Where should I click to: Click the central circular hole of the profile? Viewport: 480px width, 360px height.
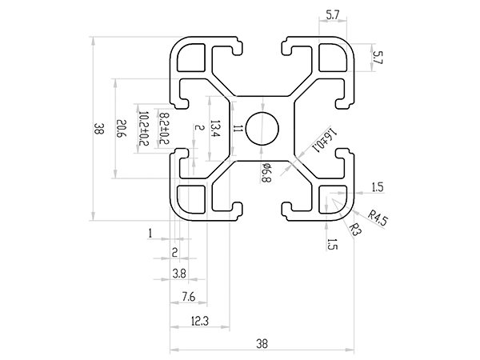pyautogui.click(x=262, y=129)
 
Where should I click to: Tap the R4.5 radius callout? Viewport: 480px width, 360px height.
pyautogui.click(x=378, y=218)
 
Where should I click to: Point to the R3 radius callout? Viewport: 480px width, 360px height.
pyautogui.click(x=357, y=229)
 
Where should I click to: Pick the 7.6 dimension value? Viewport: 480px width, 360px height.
pyautogui.click(x=189, y=297)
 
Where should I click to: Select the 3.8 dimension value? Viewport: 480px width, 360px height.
pyautogui.click(x=180, y=274)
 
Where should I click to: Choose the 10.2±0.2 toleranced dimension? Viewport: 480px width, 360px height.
pyautogui.click(x=145, y=128)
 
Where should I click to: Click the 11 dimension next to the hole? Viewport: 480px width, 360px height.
pyautogui.click(x=238, y=128)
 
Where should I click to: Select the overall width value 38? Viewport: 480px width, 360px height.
pyautogui.click(x=262, y=344)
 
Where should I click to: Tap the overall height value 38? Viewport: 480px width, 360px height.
pyautogui.click(x=98, y=128)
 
